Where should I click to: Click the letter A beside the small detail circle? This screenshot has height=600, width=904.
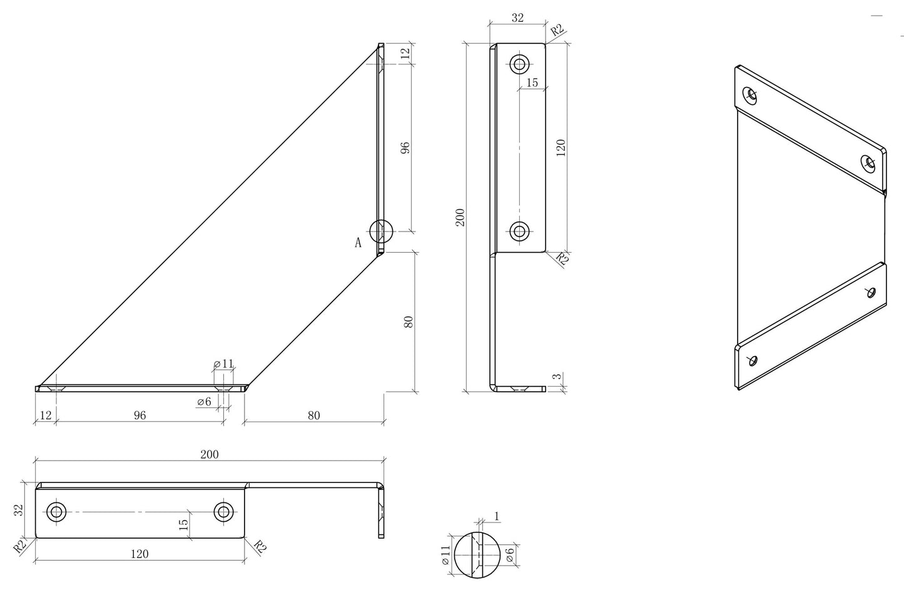click(x=358, y=243)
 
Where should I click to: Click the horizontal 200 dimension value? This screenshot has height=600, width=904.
click(x=210, y=455)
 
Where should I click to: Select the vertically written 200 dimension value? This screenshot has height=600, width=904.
click(x=460, y=218)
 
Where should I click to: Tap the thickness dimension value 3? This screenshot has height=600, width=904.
click(x=557, y=377)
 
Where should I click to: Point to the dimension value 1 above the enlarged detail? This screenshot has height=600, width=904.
click(x=497, y=516)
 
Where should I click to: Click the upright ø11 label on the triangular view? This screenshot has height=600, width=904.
click(x=223, y=364)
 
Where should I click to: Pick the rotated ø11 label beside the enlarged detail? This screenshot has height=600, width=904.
click(x=445, y=555)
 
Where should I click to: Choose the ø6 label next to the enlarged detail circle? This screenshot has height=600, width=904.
click(x=510, y=555)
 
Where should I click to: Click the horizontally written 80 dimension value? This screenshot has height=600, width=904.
click(x=313, y=415)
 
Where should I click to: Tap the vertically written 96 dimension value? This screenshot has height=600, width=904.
click(x=405, y=148)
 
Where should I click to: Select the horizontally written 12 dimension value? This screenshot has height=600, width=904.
click(x=46, y=415)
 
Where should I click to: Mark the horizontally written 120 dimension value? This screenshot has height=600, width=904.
click(x=140, y=554)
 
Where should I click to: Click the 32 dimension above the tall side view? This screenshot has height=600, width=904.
click(x=518, y=18)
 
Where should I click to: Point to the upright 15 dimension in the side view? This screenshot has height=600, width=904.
click(x=532, y=83)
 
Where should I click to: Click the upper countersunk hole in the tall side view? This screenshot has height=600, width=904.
click(x=519, y=64)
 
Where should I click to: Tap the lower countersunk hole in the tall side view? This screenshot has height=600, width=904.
click(x=519, y=231)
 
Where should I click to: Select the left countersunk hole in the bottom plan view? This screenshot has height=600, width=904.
click(x=56, y=512)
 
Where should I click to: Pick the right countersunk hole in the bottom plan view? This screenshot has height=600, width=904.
click(x=223, y=512)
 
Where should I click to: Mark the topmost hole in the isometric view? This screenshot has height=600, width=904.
click(x=750, y=95)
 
